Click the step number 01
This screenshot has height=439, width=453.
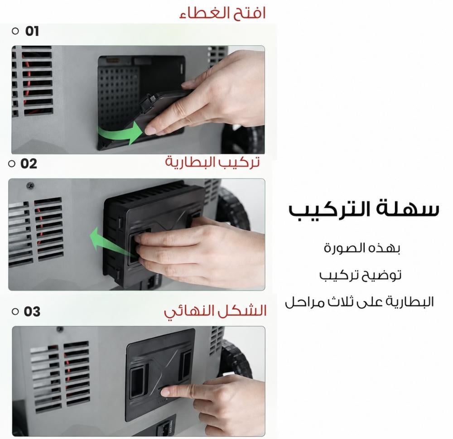coord(32,31)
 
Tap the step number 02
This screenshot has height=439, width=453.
coord(29,164)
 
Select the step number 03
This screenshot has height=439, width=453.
coord(32,312)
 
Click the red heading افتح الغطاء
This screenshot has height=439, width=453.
coord(222,13)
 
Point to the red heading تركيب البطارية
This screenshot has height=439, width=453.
coord(212,162)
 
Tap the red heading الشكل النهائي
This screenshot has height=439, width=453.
coord(215,311)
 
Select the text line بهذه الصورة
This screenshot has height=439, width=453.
coord(361,248)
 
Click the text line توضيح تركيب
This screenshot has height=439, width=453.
coord(360,275)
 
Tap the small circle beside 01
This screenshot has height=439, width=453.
coord(15,31)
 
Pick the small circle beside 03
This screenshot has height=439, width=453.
coord(15,312)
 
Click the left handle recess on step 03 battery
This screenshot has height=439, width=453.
coord(137,381)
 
